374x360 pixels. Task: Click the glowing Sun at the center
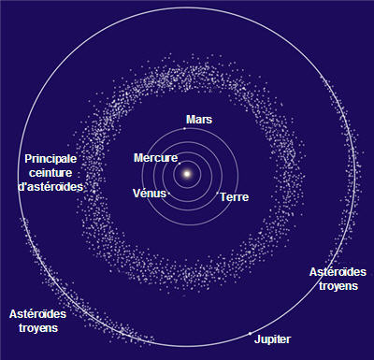[x=187, y=174]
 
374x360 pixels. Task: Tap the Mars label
[x=199, y=120]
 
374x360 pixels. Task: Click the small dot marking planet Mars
[x=184, y=128]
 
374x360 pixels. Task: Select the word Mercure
[x=155, y=158]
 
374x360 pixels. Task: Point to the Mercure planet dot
[x=180, y=164]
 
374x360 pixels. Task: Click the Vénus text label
[x=150, y=194]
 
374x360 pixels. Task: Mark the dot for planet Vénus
[x=169, y=194]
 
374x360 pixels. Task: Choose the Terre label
[x=235, y=197]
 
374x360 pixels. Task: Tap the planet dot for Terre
[x=218, y=193]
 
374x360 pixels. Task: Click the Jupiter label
[x=272, y=339]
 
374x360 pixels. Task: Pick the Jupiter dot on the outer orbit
[x=250, y=334]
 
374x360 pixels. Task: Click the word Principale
[x=50, y=159]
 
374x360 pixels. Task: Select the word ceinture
[x=50, y=173]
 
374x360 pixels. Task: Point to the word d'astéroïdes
[x=50, y=187]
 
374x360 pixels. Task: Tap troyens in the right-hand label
[x=338, y=286]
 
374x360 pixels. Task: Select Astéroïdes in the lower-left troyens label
[x=37, y=314]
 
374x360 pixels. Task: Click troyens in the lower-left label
[x=38, y=328]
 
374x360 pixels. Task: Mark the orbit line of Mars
[x=238, y=177]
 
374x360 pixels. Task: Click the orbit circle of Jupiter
[x=355, y=177]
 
